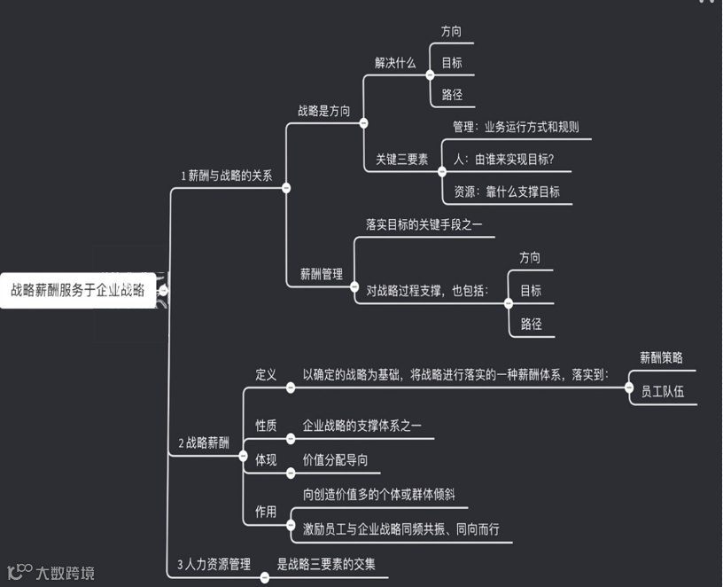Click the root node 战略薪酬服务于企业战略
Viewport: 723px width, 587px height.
(78, 289)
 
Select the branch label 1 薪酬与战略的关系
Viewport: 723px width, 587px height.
(226, 176)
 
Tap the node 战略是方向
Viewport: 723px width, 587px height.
(323, 111)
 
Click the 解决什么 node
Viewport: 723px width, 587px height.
(395, 63)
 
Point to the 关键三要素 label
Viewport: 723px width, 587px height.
(401, 160)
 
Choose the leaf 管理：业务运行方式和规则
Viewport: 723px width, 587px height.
(516, 127)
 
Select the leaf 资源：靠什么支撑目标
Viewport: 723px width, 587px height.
(506, 192)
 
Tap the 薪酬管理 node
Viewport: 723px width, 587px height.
(321, 274)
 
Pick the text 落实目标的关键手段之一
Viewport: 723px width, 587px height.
(424, 225)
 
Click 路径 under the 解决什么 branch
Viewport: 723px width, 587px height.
(452, 94)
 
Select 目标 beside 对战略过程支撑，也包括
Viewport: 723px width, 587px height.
(530, 290)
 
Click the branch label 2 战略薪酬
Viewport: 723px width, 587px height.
(204, 443)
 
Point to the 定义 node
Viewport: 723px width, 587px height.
(266, 375)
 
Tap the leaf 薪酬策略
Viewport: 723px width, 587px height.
(661, 357)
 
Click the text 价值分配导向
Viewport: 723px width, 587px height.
(335, 459)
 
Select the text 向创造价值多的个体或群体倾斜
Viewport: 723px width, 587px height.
(378, 494)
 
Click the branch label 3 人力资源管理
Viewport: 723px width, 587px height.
(214, 564)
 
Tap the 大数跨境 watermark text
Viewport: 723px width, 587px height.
(65, 573)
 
